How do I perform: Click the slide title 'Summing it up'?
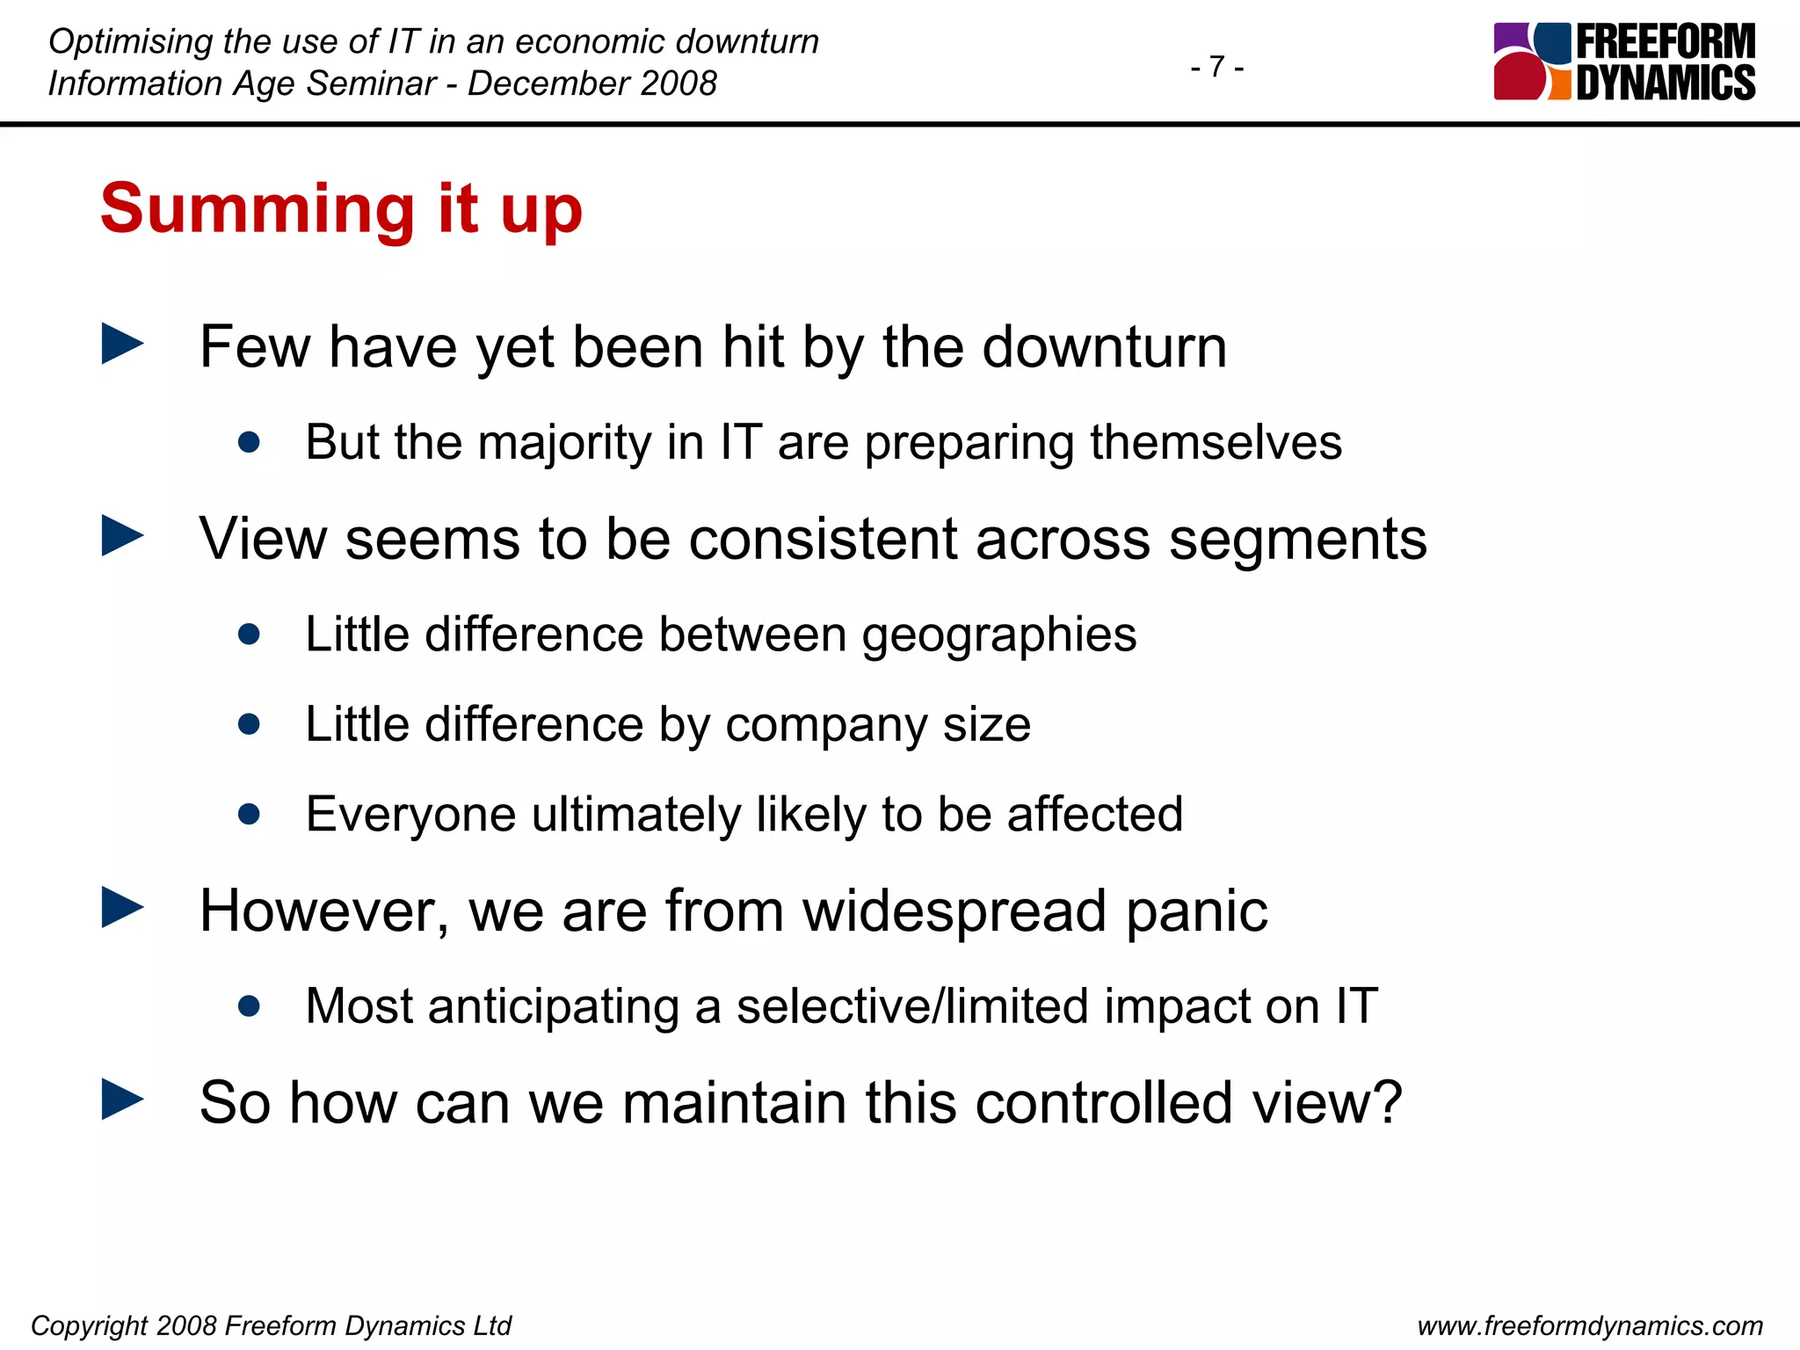[341, 209]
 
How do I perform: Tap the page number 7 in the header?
[1217, 66]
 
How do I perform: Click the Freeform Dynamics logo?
[1624, 62]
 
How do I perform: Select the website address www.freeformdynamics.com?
[1590, 1325]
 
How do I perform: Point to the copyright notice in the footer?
[271, 1325]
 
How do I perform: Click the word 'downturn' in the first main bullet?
[1104, 347]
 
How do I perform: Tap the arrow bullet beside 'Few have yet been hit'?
[122, 344]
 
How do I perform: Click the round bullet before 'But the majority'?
[249, 441]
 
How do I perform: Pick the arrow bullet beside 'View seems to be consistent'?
[122, 535]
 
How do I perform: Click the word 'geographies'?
[999, 635]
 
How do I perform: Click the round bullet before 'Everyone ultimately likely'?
[249, 814]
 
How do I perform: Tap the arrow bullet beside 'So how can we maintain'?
[122, 1100]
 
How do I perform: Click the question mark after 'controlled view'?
[1385, 1102]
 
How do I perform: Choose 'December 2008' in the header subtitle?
[592, 83]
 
